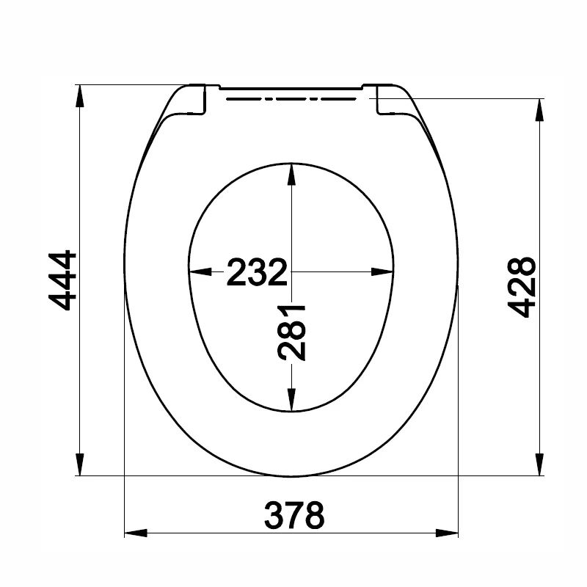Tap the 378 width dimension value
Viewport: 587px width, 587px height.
pyautogui.click(x=293, y=516)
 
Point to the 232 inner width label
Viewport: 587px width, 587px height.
pyautogui.click(x=255, y=272)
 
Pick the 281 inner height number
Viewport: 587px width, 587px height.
pyautogui.click(x=292, y=332)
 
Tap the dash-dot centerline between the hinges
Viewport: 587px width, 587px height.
pyautogui.click(x=293, y=96)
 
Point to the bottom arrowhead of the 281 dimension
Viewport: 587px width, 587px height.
pyautogui.click(x=292, y=401)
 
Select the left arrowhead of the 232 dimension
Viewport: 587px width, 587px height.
pyautogui.click(x=200, y=272)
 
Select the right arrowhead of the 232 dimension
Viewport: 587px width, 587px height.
pyautogui.click(x=383, y=272)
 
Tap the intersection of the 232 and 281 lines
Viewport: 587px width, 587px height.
pyautogui.click(x=292, y=272)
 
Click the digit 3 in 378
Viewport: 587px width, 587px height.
pyautogui.click(x=274, y=516)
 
